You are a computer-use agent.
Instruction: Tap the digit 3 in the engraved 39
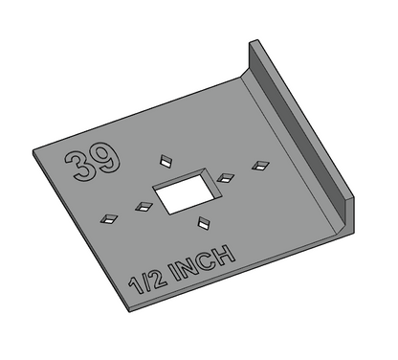pyautogui.click(x=80, y=165)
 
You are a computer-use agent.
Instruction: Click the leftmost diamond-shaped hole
pyautogui.click(x=110, y=218)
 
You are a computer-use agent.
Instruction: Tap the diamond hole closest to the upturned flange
pyautogui.click(x=258, y=166)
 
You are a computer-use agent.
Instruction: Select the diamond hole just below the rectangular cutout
pyautogui.click(x=203, y=224)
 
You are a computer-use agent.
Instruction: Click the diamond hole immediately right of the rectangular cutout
pyautogui.click(x=226, y=177)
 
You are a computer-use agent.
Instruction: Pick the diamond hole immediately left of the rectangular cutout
pyautogui.click(x=144, y=204)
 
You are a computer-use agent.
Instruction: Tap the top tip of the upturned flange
pyautogui.click(x=254, y=42)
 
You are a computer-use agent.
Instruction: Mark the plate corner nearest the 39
pyautogui.click(x=33, y=151)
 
